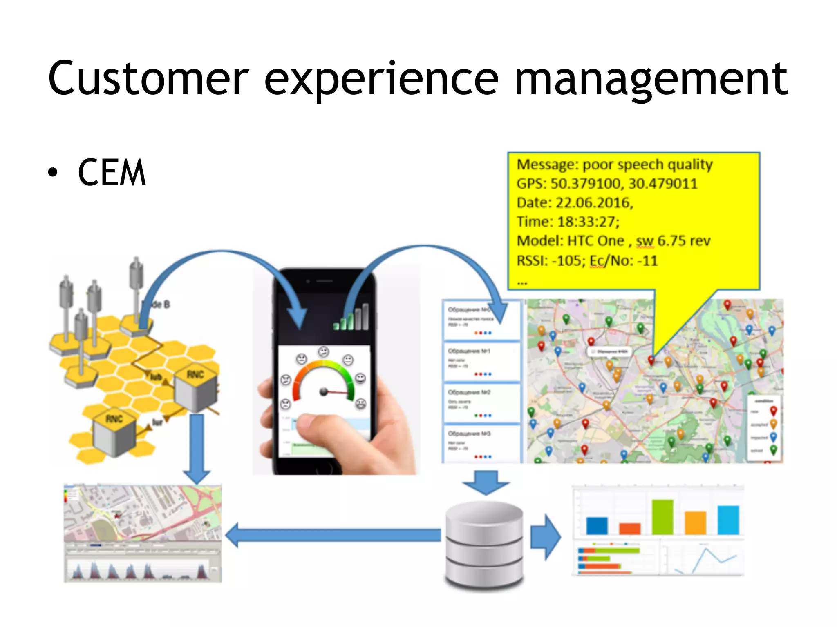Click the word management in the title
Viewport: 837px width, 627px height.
click(x=651, y=80)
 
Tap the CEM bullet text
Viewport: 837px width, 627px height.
click(x=111, y=173)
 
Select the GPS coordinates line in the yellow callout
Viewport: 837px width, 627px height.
click(x=607, y=184)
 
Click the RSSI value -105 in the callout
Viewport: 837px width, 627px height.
click(x=568, y=260)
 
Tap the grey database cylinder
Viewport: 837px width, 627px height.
click(x=484, y=545)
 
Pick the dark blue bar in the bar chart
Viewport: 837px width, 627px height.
click(x=597, y=526)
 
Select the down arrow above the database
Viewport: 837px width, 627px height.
click(x=486, y=482)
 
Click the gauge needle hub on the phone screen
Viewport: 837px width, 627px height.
click(x=324, y=391)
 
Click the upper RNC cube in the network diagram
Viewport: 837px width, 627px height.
click(x=195, y=390)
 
